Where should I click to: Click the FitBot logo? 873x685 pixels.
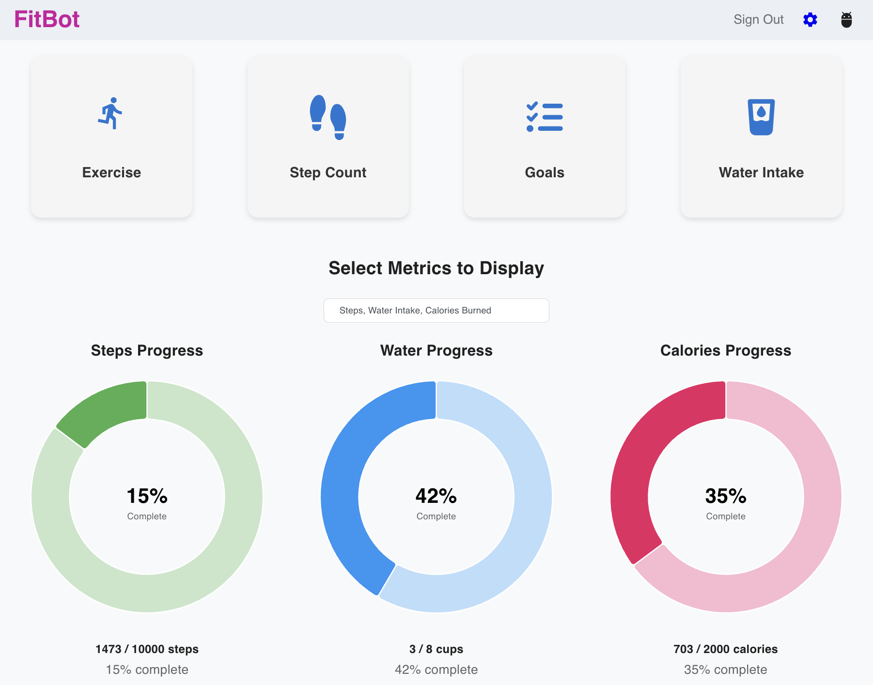coord(47,19)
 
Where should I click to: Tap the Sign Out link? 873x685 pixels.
coord(758,19)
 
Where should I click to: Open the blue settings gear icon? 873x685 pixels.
coord(810,19)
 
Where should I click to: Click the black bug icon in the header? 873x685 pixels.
coord(846,19)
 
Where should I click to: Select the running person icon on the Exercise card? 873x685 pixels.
coord(111,113)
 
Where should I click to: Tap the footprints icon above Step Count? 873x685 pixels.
coord(328,117)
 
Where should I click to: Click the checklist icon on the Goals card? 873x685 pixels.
coord(545,117)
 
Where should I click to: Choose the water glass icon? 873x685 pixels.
coord(761,117)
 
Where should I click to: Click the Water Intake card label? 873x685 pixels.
coord(761,172)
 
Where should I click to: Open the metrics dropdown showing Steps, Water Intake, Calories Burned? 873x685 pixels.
coord(436,311)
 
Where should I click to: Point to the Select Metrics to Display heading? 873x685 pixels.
coord(436,268)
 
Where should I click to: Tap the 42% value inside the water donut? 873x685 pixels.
coord(436,496)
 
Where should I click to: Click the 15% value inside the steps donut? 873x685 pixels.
coord(147,496)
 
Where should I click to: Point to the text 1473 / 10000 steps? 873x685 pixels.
coord(147,649)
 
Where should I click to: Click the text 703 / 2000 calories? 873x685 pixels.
coord(725,649)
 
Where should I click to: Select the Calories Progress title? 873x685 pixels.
coord(725,350)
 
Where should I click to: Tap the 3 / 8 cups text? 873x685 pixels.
coord(436,649)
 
